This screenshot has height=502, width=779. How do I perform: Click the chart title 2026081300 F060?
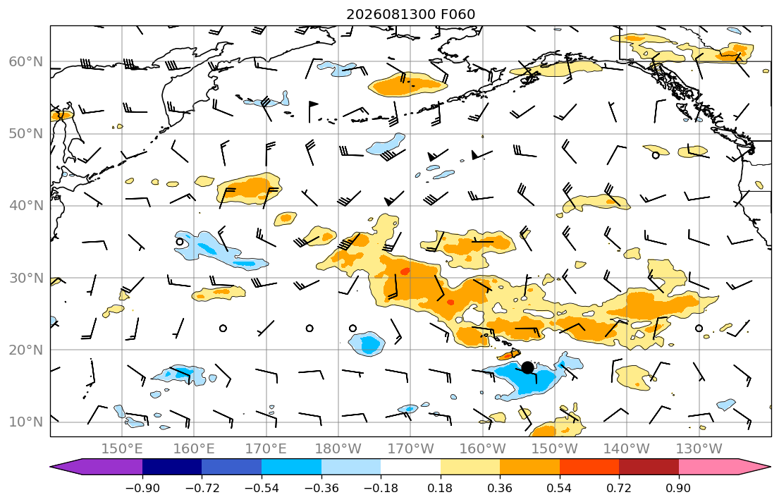[410, 14]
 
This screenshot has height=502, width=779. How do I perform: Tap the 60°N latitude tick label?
[26, 62]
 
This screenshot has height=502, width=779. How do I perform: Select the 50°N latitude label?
[26, 134]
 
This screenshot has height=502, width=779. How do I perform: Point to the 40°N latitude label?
[26, 206]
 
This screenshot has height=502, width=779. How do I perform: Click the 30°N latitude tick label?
[26, 278]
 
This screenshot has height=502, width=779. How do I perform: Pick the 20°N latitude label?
[26, 350]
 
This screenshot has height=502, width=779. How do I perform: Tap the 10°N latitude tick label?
[26, 422]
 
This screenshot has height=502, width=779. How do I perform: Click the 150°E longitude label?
[122, 449]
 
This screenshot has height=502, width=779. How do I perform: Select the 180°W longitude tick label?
[338, 449]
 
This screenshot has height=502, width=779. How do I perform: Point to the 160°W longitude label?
[482, 449]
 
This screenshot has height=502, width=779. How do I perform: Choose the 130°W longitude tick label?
[699, 449]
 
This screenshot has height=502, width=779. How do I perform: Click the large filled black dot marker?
[527, 367]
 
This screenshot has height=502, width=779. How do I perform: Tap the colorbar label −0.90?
[142, 489]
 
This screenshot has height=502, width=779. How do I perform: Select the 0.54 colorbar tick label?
[560, 489]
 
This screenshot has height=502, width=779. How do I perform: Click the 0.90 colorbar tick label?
[679, 489]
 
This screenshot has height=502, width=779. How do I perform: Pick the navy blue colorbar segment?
[172, 467]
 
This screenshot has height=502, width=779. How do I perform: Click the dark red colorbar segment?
[649, 467]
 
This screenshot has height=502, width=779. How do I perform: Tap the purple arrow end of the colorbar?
[96, 467]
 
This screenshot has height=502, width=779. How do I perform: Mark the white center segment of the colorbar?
[410, 467]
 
